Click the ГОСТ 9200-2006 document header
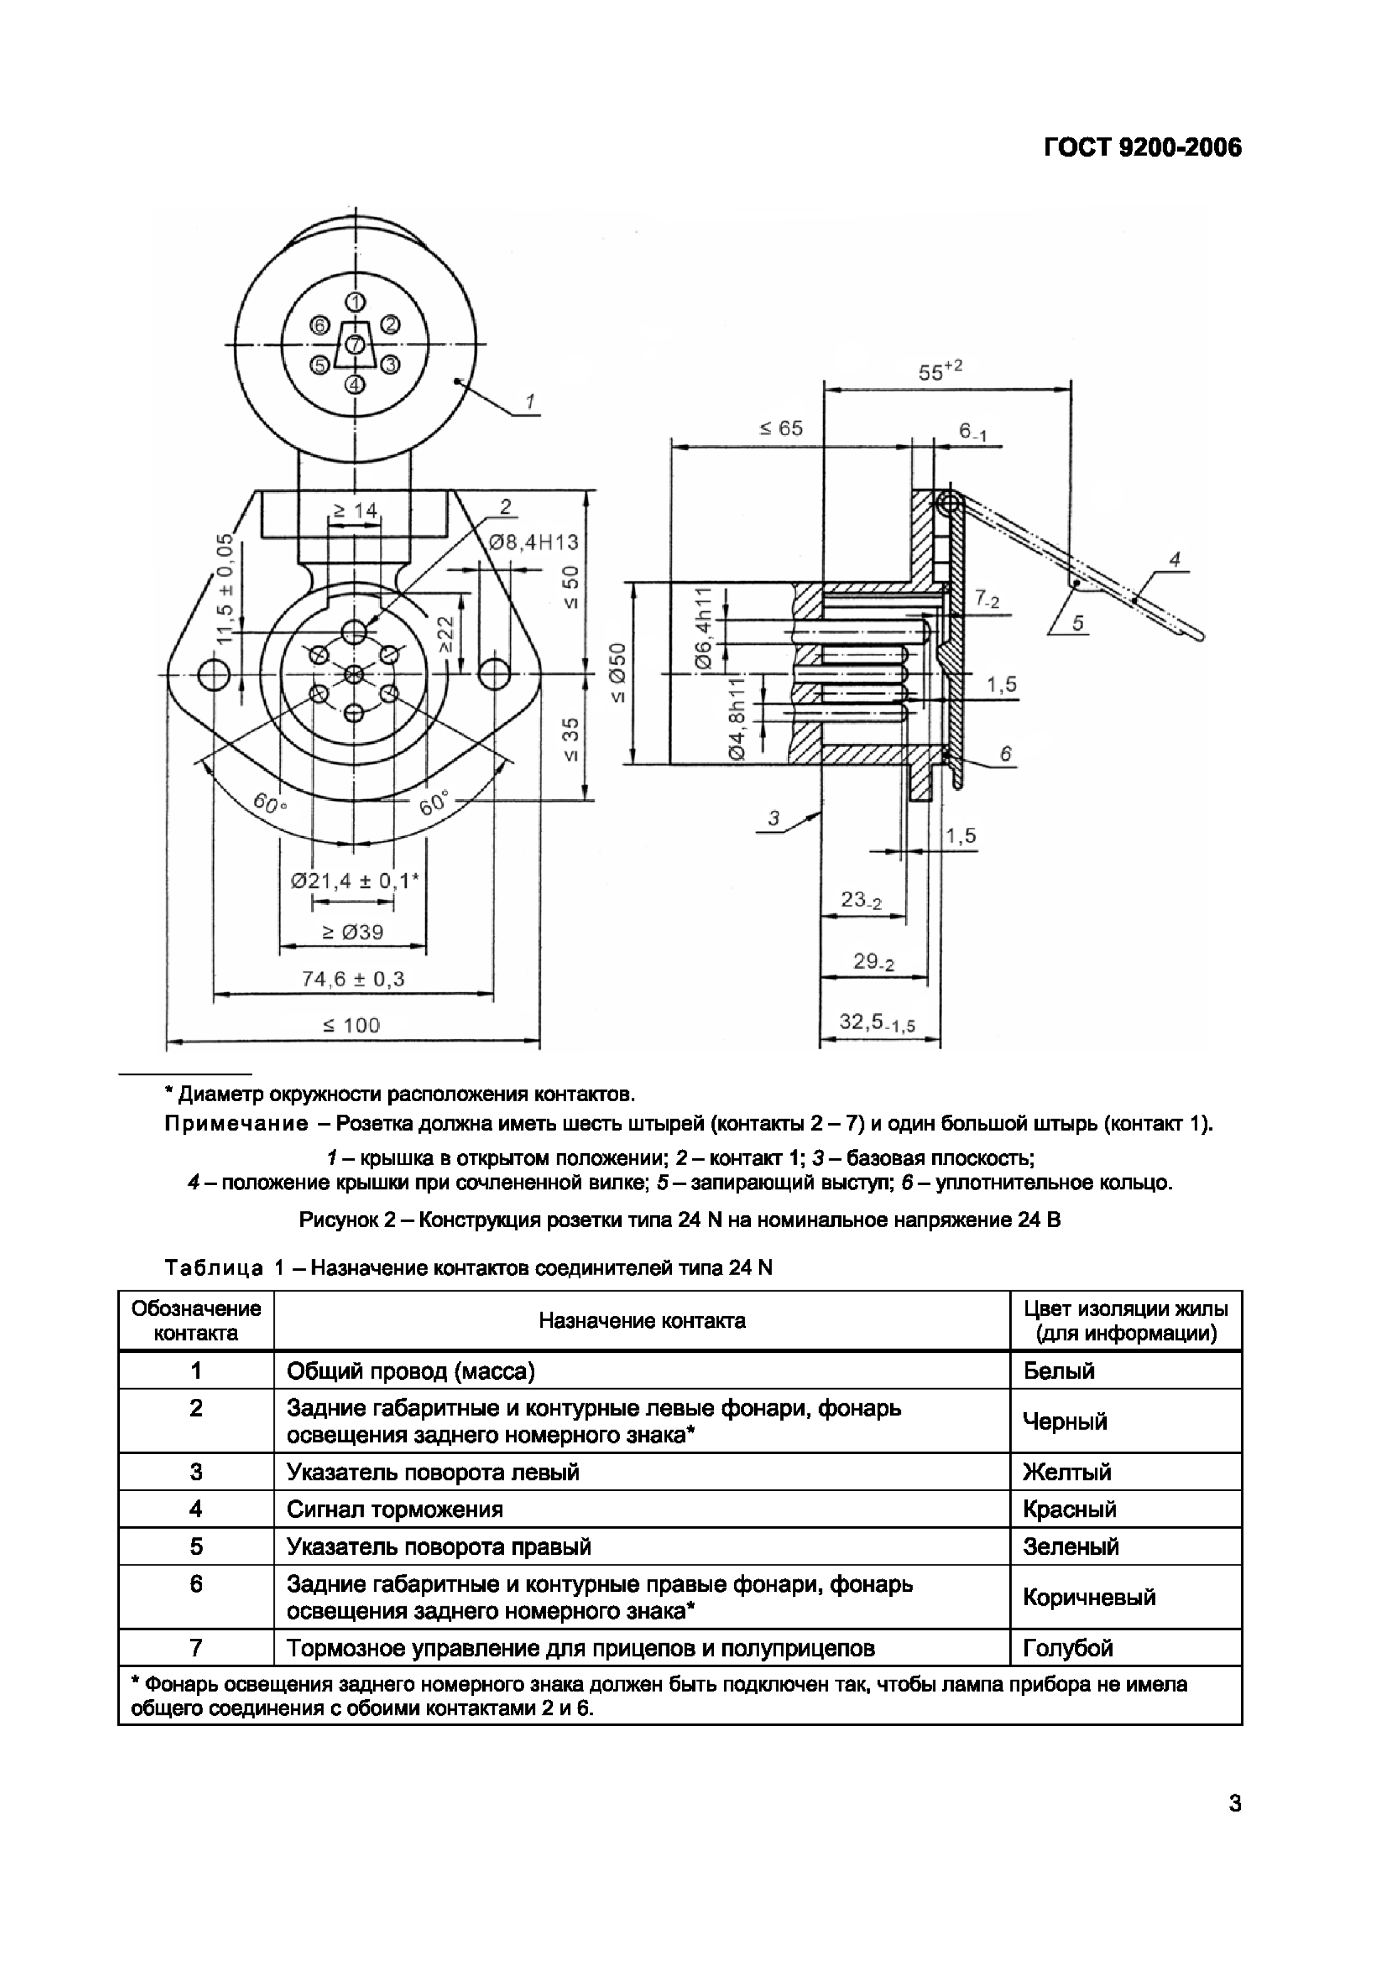coord(1142,148)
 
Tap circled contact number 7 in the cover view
coord(355,345)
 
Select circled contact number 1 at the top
coord(355,301)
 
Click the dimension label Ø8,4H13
coord(533,543)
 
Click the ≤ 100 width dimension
coord(351,1025)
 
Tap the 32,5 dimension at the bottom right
coord(877,1022)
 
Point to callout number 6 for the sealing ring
coord(1006,754)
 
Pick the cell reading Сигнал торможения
coord(395,1509)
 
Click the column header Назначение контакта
coord(642,1321)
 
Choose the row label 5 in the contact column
coord(196,1546)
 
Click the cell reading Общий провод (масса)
coord(410,1371)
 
